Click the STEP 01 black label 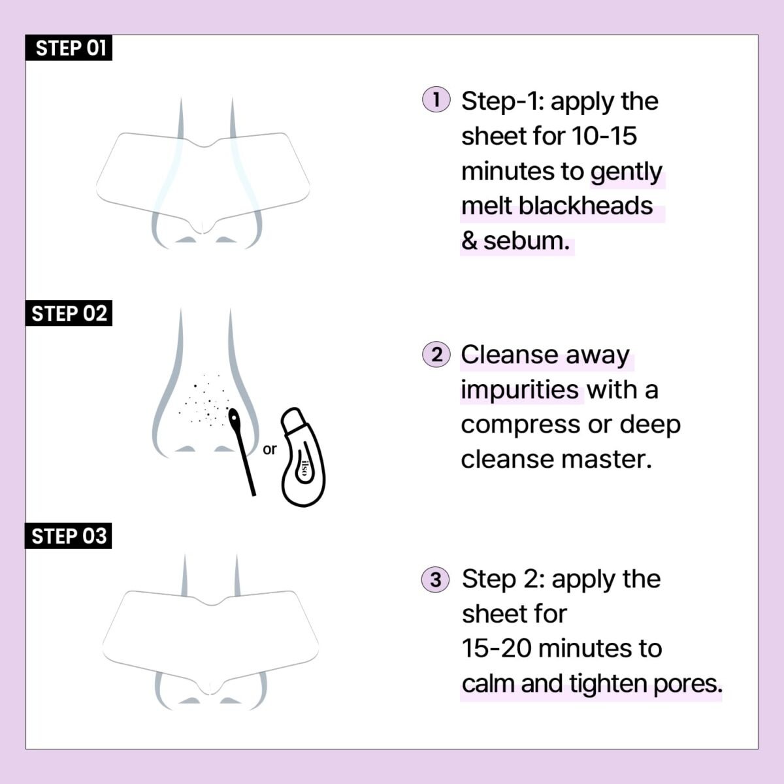pos(69,48)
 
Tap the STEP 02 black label pos(69,314)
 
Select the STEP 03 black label pos(69,536)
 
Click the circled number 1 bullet pos(436,101)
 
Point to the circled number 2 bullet pos(436,355)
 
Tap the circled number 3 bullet pos(436,580)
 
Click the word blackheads pos(585,206)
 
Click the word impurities pos(519,390)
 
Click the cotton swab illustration pos(243,451)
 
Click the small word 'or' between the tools pos(269,449)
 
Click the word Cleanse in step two pos(507,355)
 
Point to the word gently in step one pos(627,171)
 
